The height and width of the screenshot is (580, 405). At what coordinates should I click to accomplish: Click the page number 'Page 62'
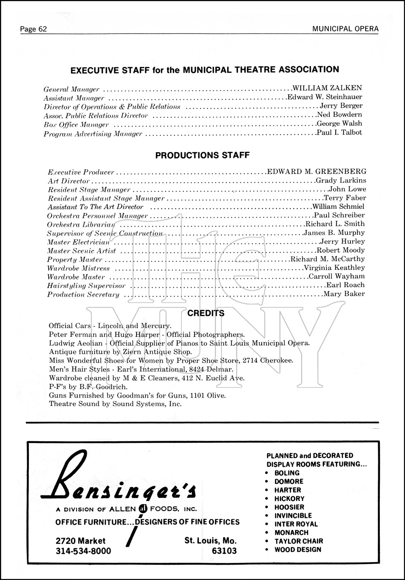click(34, 29)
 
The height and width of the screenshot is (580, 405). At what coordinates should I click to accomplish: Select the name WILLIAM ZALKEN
click(327, 87)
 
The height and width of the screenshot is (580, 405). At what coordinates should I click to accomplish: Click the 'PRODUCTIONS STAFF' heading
click(202, 155)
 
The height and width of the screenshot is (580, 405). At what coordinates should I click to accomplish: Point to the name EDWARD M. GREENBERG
click(317, 172)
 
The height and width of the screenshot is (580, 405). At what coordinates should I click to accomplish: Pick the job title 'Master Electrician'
click(79, 242)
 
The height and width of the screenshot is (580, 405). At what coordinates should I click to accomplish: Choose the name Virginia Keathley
click(334, 268)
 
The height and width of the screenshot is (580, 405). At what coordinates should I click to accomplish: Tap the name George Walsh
click(339, 123)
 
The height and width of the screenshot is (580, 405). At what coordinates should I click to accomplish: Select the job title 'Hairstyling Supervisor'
click(86, 286)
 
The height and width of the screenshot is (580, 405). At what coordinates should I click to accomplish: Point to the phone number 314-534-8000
click(83, 551)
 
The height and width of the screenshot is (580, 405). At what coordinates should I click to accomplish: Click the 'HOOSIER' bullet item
click(289, 507)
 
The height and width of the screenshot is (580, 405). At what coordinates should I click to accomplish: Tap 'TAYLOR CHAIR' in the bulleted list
click(298, 541)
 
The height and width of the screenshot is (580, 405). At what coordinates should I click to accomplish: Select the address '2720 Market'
click(81, 541)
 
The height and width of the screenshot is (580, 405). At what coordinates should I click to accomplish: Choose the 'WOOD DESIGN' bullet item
click(298, 550)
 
